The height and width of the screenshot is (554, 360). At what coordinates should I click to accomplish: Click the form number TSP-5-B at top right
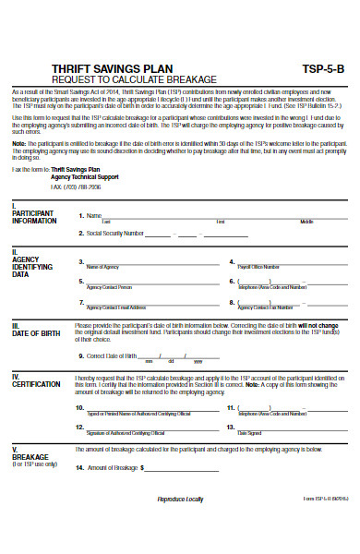(323, 69)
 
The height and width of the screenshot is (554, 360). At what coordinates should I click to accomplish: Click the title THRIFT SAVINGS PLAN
(98, 69)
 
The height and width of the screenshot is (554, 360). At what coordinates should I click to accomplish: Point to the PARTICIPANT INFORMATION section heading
(34, 217)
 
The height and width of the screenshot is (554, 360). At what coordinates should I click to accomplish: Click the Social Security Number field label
(112, 234)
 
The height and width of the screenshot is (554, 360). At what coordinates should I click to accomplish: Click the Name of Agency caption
(103, 266)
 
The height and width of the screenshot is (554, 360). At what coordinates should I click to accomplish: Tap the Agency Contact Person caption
(109, 287)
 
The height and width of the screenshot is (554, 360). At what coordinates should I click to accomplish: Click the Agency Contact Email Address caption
(116, 307)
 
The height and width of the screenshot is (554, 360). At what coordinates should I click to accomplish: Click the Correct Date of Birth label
(112, 355)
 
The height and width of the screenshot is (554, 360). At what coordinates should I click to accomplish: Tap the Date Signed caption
(249, 432)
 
